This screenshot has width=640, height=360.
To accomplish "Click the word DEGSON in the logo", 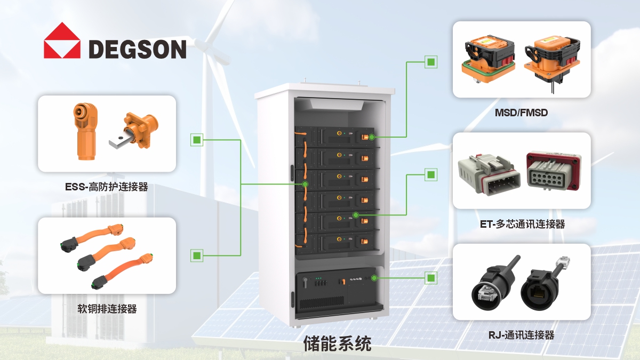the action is coord(138,49).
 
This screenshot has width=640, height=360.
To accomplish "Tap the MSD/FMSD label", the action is coord(521,113).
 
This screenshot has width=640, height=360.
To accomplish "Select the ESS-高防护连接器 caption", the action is coord(107,187).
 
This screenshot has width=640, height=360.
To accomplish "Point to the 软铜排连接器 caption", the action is coord(107,309).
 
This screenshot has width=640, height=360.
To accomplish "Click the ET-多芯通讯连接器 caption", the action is coord(522,224).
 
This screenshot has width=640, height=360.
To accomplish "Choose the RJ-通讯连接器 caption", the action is coord(521,335).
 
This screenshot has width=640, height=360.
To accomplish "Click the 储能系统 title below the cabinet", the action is coord(337,343).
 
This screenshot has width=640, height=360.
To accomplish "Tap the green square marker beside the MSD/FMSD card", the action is coord(431,62).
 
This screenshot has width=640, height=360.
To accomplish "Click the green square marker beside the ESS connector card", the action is coord(197,140).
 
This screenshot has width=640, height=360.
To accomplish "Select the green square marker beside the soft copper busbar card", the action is coord(197,255).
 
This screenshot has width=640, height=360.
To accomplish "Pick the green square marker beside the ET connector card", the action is coord(431,174).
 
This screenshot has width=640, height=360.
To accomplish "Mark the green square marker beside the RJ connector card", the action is coord(431,278).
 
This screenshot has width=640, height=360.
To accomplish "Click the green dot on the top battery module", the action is coord(372,137).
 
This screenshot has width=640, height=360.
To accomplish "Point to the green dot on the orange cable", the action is coord(305,184).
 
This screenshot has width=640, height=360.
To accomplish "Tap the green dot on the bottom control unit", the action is coord(374,278).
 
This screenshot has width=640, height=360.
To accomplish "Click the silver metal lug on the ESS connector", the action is coord(120,141).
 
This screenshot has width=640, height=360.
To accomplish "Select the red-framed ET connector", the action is coord(554,171).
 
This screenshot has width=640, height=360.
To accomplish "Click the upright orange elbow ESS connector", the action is coord(85,131).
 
